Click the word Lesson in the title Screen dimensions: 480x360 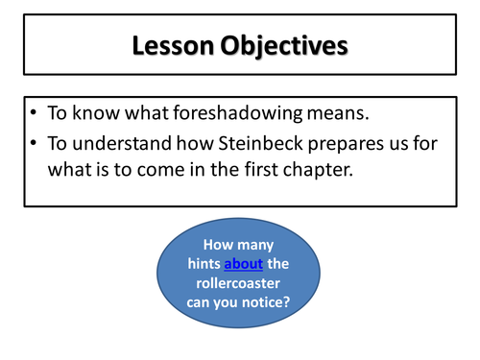pyautogui.click(x=173, y=46)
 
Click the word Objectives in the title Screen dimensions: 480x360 pyautogui.click(x=284, y=47)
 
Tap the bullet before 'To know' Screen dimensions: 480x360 pyautogui.click(x=34, y=112)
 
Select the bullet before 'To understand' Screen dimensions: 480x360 pyautogui.click(x=34, y=143)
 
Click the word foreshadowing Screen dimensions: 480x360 pyautogui.click(x=237, y=113)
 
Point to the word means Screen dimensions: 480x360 pyautogui.click(x=338, y=113)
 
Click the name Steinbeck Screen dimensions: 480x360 pyautogui.click(x=260, y=143)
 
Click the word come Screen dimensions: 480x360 pyautogui.click(x=161, y=170)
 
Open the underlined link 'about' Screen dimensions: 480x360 pyautogui.click(x=244, y=264)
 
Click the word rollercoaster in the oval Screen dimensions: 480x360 pyautogui.click(x=238, y=283)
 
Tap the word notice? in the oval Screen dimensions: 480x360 pyautogui.click(x=266, y=302)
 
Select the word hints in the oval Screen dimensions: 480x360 pyautogui.click(x=204, y=264)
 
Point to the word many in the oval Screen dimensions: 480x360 pyautogui.click(x=255, y=246)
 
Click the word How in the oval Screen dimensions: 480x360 pyautogui.click(x=218, y=245)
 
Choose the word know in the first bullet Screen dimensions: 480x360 pyautogui.click(x=96, y=113)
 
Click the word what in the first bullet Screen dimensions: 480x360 pyautogui.click(x=147, y=113)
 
